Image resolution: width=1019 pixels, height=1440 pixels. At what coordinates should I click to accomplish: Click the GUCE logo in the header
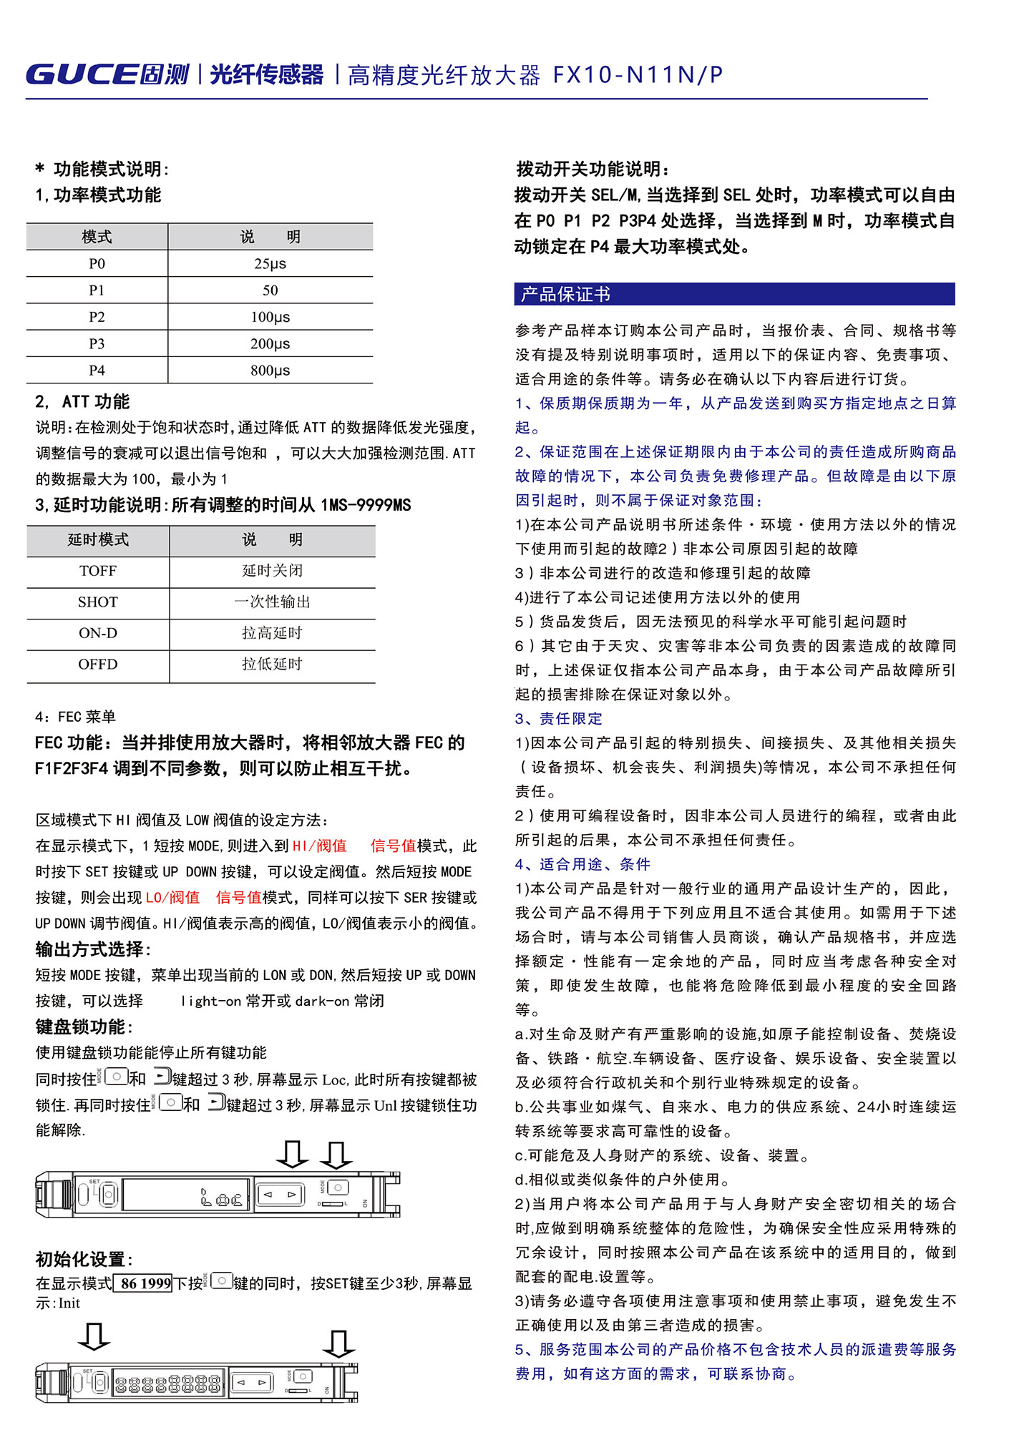(x=107, y=74)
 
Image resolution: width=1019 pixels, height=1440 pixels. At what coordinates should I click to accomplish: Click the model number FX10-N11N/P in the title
(x=638, y=75)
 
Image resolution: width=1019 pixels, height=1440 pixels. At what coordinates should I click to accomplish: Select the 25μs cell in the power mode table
(x=270, y=263)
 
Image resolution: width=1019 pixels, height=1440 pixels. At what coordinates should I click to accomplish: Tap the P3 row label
(x=97, y=343)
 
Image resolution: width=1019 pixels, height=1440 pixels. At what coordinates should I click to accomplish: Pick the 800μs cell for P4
(x=270, y=371)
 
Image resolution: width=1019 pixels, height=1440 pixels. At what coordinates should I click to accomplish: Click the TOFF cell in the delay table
(x=98, y=571)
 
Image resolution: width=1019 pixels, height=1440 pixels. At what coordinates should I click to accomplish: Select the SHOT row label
(x=98, y=602)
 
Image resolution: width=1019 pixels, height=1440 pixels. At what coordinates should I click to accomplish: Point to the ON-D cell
(x=98, y=633)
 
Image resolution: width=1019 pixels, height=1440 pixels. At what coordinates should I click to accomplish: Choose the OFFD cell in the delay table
(x=98, y=665)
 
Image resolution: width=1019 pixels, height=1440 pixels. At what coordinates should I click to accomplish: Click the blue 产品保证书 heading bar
(x=733, y=294)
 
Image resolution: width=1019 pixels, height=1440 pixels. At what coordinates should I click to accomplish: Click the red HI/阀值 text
(x=319, y=846)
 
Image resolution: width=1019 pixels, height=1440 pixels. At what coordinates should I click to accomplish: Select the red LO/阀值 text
(x=172, y=898)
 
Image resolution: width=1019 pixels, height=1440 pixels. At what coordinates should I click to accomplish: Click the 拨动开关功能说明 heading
(x=593, y=170)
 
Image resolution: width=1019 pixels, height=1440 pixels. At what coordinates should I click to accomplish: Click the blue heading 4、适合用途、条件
(x=582, y=864)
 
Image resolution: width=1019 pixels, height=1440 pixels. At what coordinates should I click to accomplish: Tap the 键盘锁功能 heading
(x=84, y=1027)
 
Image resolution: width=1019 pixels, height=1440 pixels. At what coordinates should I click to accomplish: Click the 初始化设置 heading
(x=84, y=1260)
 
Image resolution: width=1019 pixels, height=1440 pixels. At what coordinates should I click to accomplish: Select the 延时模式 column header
(x=98, y=540)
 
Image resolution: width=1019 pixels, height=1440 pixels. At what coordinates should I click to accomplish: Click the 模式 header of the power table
(x=97, y=237)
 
